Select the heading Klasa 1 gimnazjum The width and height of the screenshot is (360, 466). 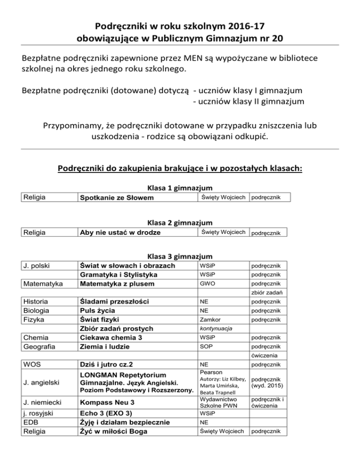(x=180, y=188)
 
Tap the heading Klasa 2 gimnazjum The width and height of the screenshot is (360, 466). (x=180, y=223)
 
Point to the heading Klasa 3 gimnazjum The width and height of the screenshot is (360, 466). (x=180, y=256)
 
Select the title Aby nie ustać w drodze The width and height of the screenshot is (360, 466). (x=120, y=233)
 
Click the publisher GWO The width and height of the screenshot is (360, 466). (x=207, y=284)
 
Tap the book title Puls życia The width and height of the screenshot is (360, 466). (x=97, y=310)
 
